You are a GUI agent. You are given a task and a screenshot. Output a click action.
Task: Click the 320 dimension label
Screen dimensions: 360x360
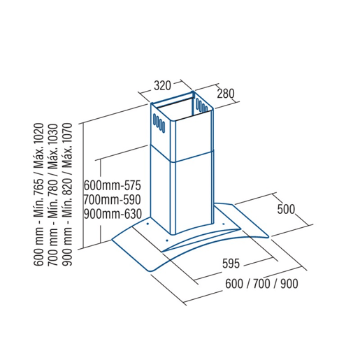tap(162, 85)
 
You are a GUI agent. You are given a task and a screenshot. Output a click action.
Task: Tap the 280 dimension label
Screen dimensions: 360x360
tap(226, 94)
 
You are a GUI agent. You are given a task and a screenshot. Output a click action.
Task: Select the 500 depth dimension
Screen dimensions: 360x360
tap(286, 209)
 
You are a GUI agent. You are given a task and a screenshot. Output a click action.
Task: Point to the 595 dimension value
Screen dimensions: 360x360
tap(231, 264)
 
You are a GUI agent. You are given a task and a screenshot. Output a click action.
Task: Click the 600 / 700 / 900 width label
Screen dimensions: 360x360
tap(261, 284)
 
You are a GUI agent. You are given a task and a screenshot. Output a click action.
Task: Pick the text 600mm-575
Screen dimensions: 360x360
tap(113, 185)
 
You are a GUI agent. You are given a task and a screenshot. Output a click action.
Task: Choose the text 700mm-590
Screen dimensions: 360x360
tap(113, 200)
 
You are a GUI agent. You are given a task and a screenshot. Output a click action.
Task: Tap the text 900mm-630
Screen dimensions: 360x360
tap(113, 214)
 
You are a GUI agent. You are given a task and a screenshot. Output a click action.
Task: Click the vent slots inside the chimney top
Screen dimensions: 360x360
tap(201, 105)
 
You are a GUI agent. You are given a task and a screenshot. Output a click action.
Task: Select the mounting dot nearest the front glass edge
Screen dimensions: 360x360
tap(166, 240)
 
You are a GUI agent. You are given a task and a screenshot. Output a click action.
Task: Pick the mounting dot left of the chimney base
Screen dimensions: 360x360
tap(147, 224)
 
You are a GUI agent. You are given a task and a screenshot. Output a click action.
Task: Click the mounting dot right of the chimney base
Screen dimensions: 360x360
tap(223, 224)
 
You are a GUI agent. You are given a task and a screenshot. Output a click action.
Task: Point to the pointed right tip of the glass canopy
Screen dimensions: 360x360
tap(268, 237)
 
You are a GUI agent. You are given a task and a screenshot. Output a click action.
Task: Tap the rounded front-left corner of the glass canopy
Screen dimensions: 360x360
tap(149, 271)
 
